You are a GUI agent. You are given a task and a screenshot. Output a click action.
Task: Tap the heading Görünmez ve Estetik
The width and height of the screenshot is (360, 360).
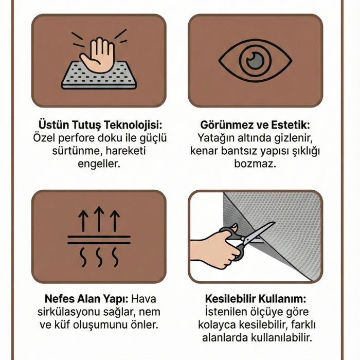pos(255,125)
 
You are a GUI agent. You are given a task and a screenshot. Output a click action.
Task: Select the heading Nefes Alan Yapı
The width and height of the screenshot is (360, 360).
pos(86,299)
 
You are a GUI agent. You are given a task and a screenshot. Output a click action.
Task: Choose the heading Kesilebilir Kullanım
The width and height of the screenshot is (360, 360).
pos(256,299)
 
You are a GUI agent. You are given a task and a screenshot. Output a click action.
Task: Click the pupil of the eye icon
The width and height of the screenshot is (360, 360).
pos(255,61)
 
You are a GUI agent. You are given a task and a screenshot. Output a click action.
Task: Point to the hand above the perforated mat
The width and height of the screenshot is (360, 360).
pos(97,56)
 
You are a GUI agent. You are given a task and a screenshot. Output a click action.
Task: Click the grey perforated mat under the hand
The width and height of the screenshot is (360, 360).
pos(99,75)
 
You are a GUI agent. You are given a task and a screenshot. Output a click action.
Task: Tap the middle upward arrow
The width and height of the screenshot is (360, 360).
pos(99,219)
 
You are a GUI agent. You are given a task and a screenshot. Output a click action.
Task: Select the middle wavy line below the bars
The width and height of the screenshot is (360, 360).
pos(99,257)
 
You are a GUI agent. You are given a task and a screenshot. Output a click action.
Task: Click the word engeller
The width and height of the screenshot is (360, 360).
pos(99,164)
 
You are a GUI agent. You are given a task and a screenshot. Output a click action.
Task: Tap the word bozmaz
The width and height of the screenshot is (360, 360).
pos(255,164)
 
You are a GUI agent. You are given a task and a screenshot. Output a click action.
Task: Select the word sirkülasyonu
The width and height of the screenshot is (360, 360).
pos(68,312)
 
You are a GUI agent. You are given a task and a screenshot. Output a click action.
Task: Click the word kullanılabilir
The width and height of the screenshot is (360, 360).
pos(281,338)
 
